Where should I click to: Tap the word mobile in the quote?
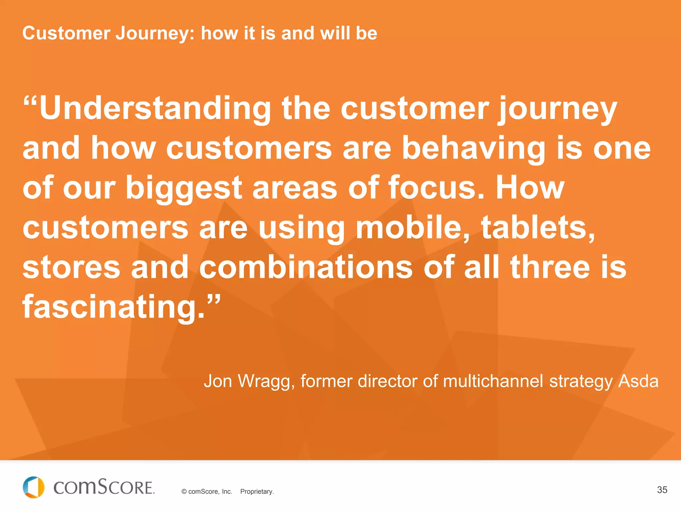(413, 228)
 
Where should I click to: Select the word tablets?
(538, 228)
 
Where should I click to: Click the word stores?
(71, 267)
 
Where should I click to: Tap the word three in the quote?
(550, 267)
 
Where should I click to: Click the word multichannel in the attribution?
(493, 381)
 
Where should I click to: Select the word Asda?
(638, 381)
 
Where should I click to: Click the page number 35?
(662, 490)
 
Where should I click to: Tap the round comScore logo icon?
(34, 487)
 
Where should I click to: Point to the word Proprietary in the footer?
(257, 492)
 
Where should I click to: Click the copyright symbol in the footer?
(184, 492)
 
